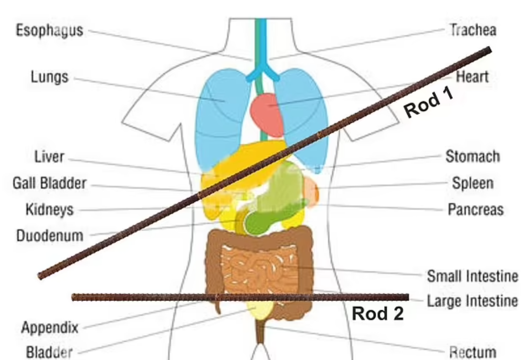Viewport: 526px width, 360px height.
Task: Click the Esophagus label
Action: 50,31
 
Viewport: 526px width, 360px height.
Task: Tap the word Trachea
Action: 473,30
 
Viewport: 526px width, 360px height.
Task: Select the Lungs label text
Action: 50,77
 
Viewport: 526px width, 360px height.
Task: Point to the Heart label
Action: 472,77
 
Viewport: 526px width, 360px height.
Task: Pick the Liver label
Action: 49,157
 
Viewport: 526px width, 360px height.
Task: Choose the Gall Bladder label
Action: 50,184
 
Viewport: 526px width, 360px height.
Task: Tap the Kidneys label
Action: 50,209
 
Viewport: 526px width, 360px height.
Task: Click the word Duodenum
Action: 50,236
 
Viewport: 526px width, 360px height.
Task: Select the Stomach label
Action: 473,156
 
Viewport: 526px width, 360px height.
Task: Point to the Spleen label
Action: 473,184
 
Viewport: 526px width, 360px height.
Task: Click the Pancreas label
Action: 476,209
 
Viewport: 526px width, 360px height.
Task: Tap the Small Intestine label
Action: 472,276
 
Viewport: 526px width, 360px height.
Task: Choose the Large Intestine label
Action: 472,301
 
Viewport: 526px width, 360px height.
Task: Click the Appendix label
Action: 50,327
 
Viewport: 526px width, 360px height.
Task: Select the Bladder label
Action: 49,353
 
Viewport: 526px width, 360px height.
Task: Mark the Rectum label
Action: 473,353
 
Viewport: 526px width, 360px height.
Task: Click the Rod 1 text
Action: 428,103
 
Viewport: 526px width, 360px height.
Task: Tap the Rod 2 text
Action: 377,314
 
